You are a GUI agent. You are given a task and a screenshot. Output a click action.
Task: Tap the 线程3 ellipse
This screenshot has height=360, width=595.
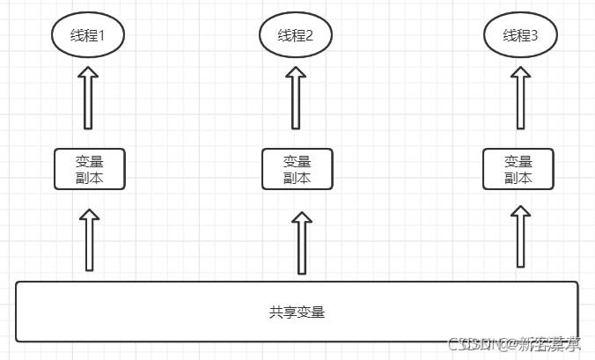pyautogui.click(x=518, y=36)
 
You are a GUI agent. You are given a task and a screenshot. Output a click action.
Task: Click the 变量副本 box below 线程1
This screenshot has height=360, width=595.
pyautogui.click(x=89, y=169)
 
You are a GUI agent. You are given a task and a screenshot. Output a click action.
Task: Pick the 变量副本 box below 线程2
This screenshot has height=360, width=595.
pyautogui.click(x=297, y=169)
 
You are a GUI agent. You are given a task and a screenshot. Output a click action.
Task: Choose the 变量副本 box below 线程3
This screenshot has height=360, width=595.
pyautogui.click(x=518, y=169)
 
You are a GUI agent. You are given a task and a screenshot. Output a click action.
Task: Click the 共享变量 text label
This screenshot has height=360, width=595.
pyautogui.click(x=297, y=312)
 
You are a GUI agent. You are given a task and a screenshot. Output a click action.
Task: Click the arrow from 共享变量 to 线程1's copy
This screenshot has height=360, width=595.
pyautogui.click(x=89, y=239)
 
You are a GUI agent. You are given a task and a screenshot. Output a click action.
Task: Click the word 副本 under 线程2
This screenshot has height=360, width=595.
pyautogui.click(x=297, y=177)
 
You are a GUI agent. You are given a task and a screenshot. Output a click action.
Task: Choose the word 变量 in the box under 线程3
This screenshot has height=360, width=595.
pyautogui.click(x=518, y=162)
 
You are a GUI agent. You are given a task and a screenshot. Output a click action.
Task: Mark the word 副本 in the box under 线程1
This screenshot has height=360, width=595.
pyautogui.click(x=89, y=177)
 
